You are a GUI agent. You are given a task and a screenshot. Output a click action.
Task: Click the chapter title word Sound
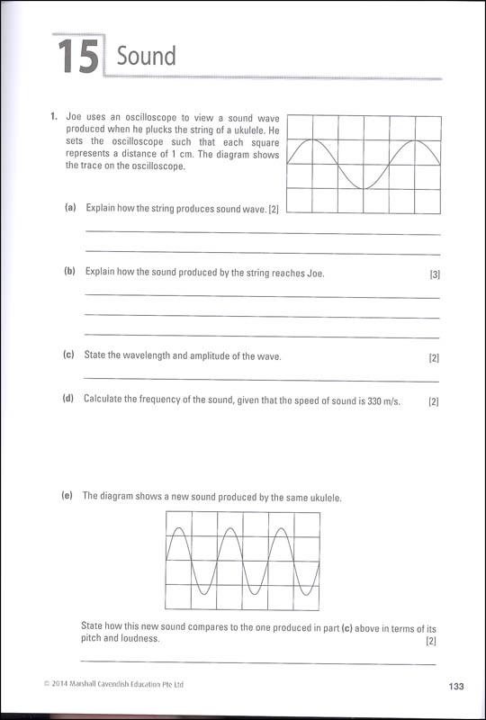147,57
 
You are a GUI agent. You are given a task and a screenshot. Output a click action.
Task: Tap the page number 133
455,687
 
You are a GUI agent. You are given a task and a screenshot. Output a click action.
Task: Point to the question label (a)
70,208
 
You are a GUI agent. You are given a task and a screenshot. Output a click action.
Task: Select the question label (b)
69,272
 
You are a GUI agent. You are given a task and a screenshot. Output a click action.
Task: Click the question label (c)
68,355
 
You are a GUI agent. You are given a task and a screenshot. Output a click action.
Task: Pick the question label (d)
68,398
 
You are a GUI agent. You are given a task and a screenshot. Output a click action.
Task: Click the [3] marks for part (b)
435,274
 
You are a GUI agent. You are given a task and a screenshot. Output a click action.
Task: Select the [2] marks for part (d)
433,400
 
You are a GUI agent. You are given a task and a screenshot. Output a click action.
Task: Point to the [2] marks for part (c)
434,358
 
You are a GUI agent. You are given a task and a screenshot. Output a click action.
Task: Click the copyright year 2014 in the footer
62,685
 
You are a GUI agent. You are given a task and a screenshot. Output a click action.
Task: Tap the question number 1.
54,117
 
